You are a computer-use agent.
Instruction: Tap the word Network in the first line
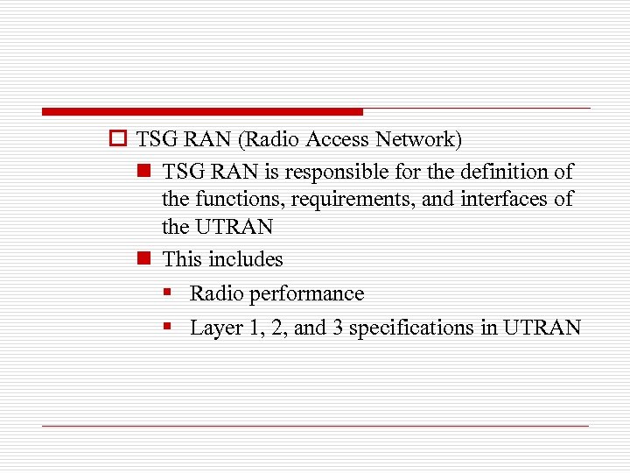click(416, 139)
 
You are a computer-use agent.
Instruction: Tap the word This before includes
click(182, 259)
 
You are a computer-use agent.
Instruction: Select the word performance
click(307, 293)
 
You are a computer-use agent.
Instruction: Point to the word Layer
click(214, 328)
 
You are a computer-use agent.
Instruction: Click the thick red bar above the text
click(201, 112)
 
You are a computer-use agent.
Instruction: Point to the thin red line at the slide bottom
click(315, 426)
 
